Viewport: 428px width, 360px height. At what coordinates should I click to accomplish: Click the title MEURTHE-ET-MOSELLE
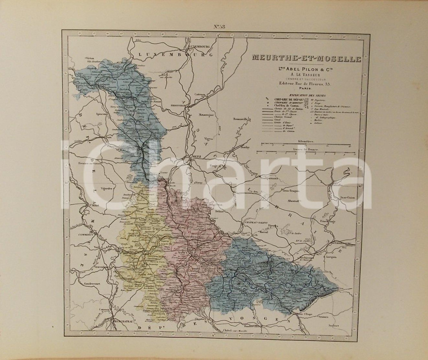tap(306, 58)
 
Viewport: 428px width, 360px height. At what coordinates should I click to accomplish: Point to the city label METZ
tap(196, 157)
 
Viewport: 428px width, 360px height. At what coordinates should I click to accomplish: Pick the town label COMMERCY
tap(85, 235)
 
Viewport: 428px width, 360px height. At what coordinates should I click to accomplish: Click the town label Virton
tap(89, 58)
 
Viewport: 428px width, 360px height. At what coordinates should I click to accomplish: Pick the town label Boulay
tap(244, 147)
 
